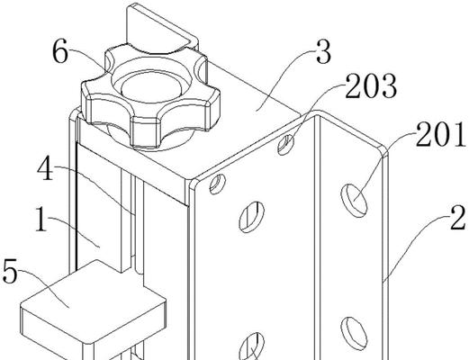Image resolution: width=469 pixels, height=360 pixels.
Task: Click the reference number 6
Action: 60,52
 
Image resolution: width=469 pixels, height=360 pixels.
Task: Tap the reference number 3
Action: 323,52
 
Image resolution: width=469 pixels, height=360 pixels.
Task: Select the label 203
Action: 371,86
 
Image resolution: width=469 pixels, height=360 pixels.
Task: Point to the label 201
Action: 441,135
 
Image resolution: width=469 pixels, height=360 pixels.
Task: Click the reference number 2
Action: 457,218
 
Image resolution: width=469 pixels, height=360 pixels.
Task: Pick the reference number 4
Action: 45,169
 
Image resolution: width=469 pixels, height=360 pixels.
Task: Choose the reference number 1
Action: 41,219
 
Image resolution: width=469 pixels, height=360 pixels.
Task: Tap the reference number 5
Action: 10,272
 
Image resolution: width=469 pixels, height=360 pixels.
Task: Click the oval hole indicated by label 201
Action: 354,200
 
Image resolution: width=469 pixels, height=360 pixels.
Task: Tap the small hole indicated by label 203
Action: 285,145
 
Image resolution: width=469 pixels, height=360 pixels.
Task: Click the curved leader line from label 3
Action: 282,78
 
